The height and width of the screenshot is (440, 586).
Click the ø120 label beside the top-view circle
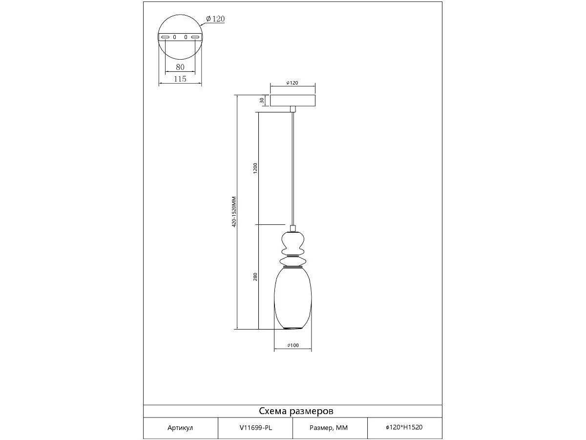[x=215, y=19]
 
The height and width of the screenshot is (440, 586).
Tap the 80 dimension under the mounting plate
[x=180, y=67]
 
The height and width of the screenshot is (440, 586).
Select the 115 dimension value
[x=180, y=79]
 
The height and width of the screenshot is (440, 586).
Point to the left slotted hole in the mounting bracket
[x=166, y=37]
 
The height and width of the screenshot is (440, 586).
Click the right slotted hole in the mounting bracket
[x=196, y=37]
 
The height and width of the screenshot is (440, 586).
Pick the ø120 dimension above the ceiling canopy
[x=293, y=83]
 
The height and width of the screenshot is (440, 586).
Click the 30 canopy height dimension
[x=262, y=100]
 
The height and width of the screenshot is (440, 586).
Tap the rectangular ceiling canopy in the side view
[x=293, y=100]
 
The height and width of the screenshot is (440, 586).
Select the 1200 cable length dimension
[x=255, y=168]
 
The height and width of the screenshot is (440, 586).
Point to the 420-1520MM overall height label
[x=234, y=212]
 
